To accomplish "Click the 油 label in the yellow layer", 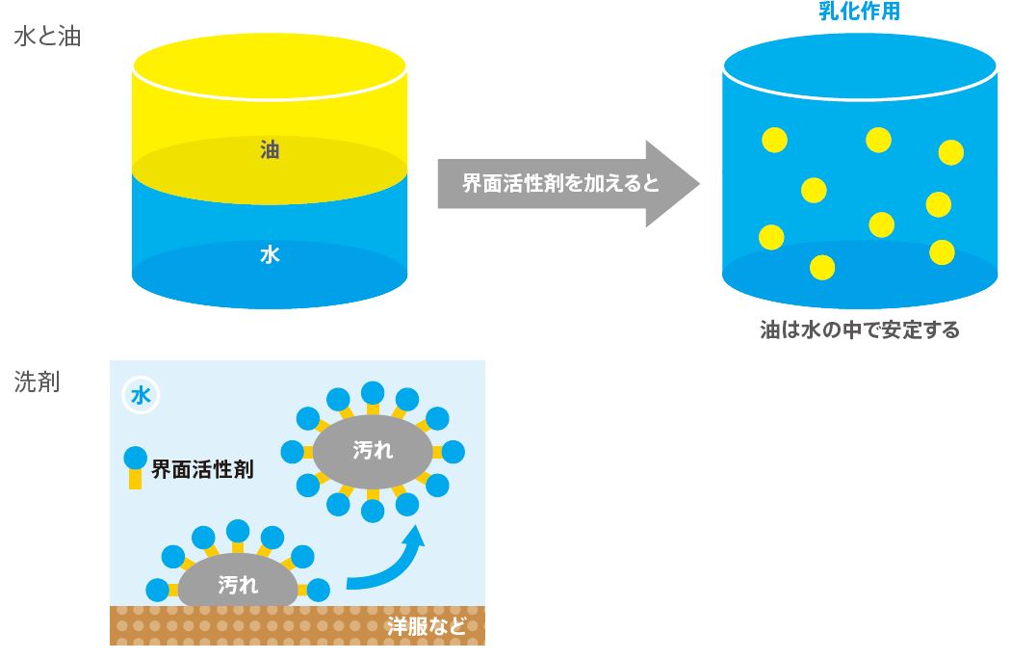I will tap(270, 150).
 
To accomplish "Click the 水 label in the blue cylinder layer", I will tap(270, 255).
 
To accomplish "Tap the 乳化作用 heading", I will tap(858, 13).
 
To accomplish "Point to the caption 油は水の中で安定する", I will tap(859, 330).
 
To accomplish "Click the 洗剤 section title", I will tap(38, 382).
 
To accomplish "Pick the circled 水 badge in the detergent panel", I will tap(141, 395).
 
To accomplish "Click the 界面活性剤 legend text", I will tap(202, 470).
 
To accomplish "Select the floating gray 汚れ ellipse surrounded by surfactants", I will tap(373, 451).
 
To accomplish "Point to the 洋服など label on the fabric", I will tap(426, 626).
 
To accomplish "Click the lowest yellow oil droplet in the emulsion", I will tap(822, 267).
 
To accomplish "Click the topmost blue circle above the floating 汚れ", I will tap(373, 391).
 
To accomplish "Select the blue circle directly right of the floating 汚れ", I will tap(453, 452).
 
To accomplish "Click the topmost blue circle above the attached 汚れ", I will tap(238, 530).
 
